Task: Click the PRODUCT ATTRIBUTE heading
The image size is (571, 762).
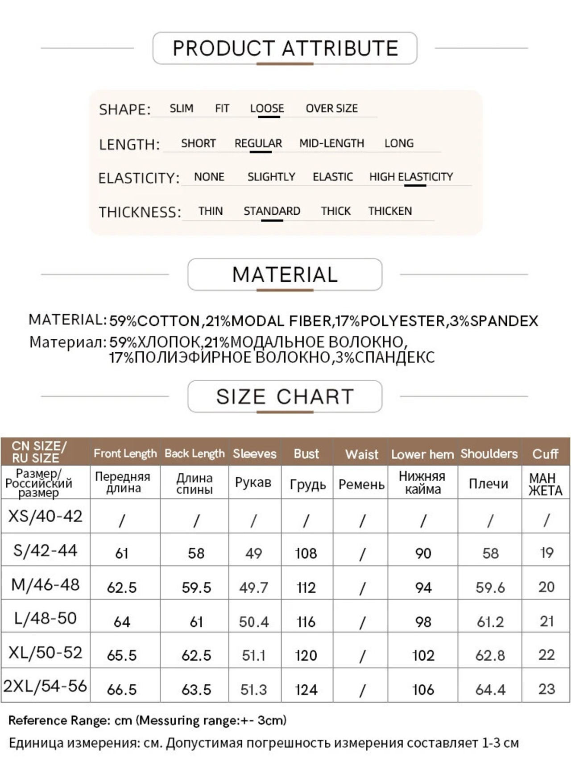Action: (x=285, y=48)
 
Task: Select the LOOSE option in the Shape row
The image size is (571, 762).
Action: (x=267, y=108)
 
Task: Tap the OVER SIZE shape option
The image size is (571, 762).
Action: (x=331, y=108)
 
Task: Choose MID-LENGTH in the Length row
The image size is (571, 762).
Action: (x=331, y=143)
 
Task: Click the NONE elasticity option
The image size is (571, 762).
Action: (x=209, y=177)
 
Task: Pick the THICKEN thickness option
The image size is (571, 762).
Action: (x=390, y=211)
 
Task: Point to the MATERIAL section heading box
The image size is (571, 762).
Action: (x=285, y=275)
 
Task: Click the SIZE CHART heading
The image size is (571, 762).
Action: (x=285, y=396)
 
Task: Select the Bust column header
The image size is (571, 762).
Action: (x=306, y=454)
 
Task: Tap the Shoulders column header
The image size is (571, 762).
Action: (x=489, y=454)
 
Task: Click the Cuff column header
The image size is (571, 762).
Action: (x=545, y=454)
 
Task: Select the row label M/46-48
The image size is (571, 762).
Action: (x=46, y=584)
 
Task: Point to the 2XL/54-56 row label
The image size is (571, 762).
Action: (x=46, y=686)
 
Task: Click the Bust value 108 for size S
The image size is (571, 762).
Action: (x=306, y=554)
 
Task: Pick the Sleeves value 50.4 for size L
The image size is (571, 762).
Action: (x=254, y=622)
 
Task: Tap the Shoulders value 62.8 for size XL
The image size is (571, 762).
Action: (x=490, y=655)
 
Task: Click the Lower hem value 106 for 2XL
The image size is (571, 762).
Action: (x=423, y=690)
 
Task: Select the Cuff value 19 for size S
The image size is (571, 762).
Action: (x=546, y=553)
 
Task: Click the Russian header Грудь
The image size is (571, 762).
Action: (x=307, y=484)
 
